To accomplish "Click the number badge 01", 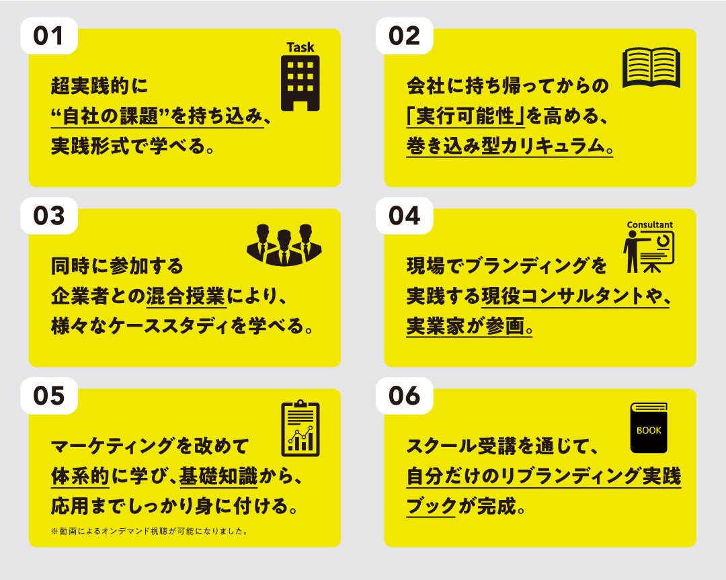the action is [x=48, y=36].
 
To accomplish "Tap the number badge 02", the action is [x=404, y=36].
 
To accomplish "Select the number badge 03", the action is [x=48, y=216].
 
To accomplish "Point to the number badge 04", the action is [x=404, y=216].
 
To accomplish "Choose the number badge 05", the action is [x=48, y=396].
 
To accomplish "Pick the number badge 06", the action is [x=404, y=396].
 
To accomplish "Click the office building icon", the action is [x=300, y=83].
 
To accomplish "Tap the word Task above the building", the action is [x=300, y=48].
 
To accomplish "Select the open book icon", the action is [x=651, y=67].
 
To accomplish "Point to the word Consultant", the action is [x=649, y=224].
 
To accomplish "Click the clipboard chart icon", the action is [x=300, y=428].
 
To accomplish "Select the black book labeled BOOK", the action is [x=649, y=428].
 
